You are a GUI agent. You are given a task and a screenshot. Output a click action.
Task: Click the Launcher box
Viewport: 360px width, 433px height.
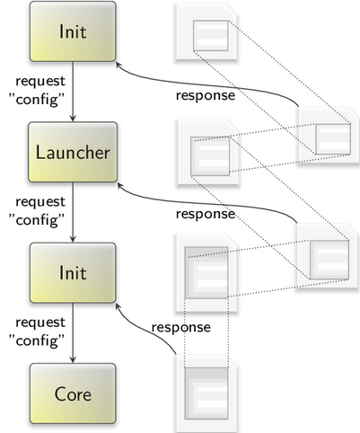click(73, 152)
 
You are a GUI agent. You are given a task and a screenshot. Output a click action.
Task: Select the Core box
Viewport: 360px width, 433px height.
click(73, 393)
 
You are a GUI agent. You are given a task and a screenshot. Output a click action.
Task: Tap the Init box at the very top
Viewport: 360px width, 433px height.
click(73, 31)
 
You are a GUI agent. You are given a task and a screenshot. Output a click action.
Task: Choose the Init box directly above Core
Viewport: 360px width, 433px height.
click(73, 272)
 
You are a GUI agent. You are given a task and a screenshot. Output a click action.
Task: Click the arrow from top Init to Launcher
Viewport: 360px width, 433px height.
click(73, 92)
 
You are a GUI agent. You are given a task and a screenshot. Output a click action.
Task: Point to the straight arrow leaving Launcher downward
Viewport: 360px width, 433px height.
click(73, 212)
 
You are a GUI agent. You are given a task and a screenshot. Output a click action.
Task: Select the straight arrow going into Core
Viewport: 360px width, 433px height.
click(73, 333)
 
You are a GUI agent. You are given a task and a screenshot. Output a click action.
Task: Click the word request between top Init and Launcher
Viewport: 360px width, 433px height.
click(40, 82)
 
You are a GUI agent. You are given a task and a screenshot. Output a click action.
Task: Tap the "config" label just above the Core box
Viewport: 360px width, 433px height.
click(37, 340)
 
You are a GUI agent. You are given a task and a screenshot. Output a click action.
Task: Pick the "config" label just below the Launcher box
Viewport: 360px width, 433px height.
click(37, 220)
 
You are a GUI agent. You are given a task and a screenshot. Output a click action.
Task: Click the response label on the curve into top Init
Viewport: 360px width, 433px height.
click(206, 96)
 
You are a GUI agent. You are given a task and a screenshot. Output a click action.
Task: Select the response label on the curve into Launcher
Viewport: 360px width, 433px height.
click(206, 214)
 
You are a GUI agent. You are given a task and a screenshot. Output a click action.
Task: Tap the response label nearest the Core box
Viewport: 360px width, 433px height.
click(181, 327)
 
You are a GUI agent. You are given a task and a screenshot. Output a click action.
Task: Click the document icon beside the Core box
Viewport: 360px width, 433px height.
click(206, 393)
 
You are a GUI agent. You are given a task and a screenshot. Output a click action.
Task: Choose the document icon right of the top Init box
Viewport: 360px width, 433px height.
click(206, 32)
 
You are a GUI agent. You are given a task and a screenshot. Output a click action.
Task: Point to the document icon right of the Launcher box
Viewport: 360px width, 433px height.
click(208, 154)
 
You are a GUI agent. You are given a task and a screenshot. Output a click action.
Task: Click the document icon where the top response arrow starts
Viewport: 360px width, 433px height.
click(329, 135)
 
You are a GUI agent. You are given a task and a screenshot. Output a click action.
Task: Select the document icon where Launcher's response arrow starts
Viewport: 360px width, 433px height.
click(327, 257)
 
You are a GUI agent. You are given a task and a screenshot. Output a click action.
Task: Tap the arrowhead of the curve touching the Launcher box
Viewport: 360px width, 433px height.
click(120, 186)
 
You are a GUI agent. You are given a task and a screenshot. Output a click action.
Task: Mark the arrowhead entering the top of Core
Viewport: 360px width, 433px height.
click(73, 359)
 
